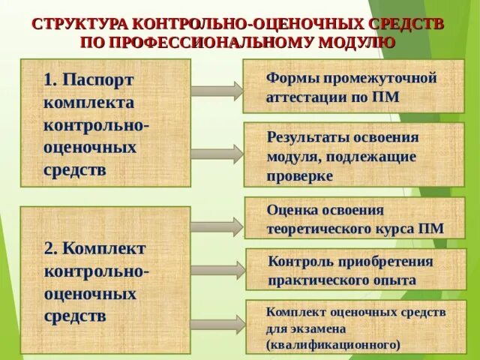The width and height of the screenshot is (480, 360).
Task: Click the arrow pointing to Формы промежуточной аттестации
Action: click(217, 90)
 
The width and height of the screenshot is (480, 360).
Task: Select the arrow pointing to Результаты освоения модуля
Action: click(217, 154)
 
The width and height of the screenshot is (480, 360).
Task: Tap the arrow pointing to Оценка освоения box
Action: click(217, 226)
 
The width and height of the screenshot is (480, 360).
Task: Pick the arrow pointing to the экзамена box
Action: click(217, 325)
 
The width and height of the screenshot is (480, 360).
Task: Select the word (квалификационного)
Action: click(334, 344)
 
